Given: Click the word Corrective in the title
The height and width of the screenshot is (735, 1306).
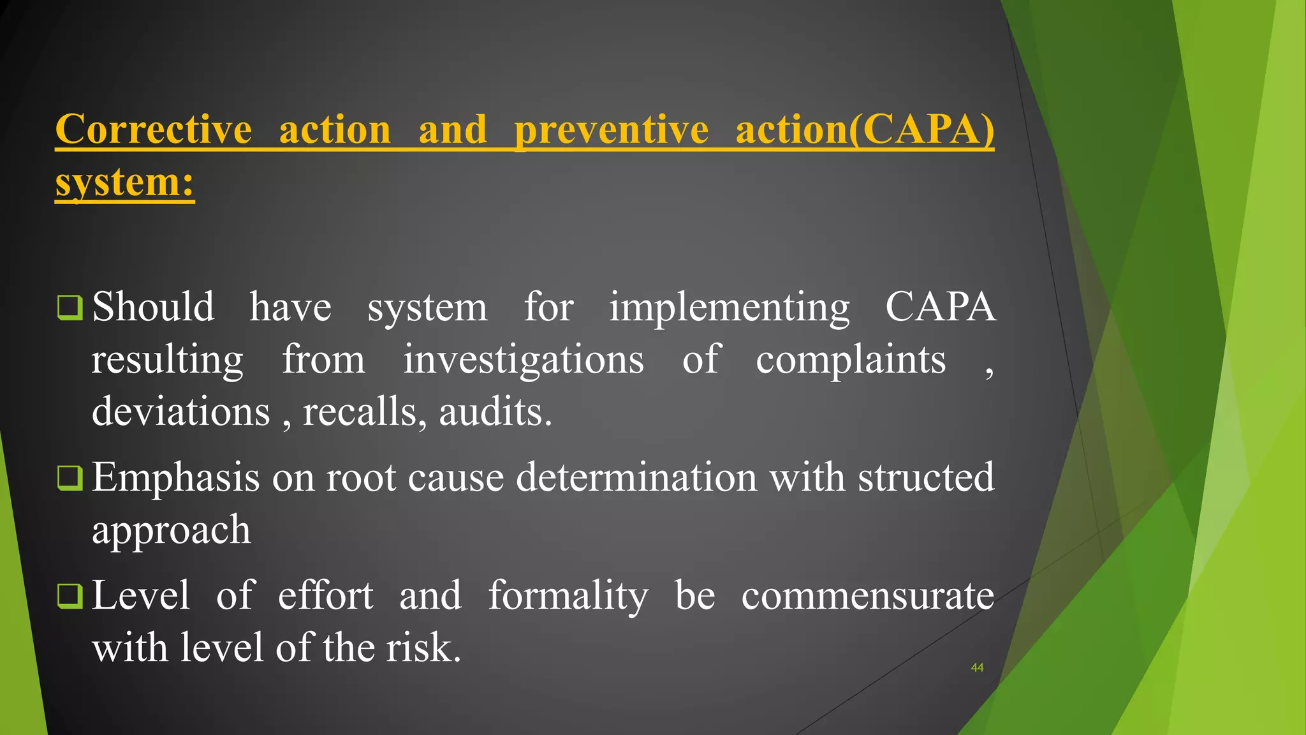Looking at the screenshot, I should click(154, 130).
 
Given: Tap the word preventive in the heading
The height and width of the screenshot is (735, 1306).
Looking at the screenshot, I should click(611, 130).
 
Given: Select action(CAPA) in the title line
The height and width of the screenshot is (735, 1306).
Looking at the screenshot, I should click(865, 130).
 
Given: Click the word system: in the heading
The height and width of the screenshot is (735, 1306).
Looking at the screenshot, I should click(124, 182).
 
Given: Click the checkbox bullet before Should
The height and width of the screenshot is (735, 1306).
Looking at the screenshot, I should click(70, 308).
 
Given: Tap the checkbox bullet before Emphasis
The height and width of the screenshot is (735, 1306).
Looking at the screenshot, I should click(70, 477).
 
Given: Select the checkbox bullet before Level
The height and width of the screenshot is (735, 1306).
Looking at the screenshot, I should click(70, 596).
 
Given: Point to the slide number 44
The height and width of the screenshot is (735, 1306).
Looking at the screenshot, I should click(977, 667).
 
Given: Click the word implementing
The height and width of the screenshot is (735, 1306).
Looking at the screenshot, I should click(729, 308).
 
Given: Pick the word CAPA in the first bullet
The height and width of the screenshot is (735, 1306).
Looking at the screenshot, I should click(940, 308).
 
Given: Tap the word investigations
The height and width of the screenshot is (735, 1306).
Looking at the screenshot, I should click(523, 360).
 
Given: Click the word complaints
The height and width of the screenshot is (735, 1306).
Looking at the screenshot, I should click(850, 360).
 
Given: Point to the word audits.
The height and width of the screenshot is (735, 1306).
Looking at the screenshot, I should click(495, 412).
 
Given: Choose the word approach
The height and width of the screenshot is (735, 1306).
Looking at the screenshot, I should click(171, 530).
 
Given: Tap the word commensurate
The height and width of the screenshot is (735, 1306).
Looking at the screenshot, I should click(867, 596).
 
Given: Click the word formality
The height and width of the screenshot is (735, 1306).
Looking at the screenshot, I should click(568, 596).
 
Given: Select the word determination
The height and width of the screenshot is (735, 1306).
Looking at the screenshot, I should click(636, 477).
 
